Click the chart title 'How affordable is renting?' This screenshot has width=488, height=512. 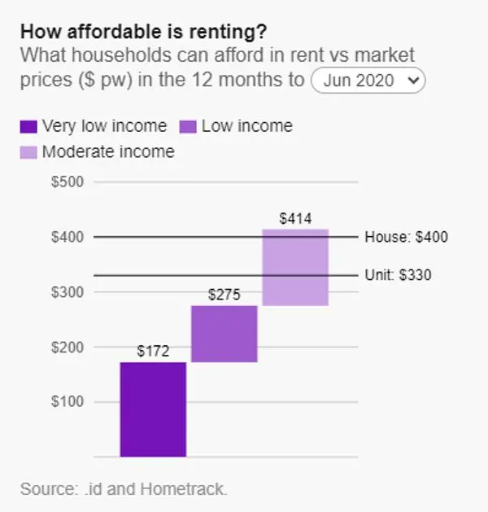click(x=143, y=32)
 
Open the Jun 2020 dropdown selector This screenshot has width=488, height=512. click(x=368, y=81)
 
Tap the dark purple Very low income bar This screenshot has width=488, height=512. click(x=153, y=409)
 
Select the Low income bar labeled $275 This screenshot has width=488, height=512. click(x=224, y=334)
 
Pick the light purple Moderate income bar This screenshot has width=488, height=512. click(x=295, y=268)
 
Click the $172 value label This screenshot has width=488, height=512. click(x=153, y=352)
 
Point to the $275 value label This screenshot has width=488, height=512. click(x=224, y=295)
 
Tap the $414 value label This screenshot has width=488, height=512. click(x=295, y=218)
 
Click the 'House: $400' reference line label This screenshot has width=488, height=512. click(x=406, y=237)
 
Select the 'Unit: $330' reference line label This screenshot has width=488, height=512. click(x=398, y=275)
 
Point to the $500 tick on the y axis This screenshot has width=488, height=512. click(x=68, y=182)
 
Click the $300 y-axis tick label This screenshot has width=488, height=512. click(x=68, y=292)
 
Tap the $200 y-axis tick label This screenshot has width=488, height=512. click(x=68, y=347)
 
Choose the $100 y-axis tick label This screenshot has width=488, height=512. click(x=68, y=401)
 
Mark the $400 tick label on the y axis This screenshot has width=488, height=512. click(x=68, y=237)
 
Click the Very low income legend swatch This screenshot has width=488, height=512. click(x=28, y=127)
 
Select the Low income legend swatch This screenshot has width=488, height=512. click(x=188, y=127)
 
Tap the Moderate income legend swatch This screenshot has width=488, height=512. click(x=28, y=152)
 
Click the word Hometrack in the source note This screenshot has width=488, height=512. click(x=183, y=489)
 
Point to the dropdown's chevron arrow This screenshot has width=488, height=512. click(x=413, y=80)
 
